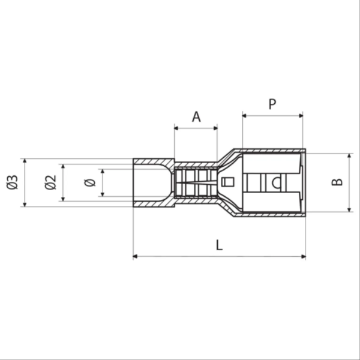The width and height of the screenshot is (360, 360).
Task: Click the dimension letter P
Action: [272, 104]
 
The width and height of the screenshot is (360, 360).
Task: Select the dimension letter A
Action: [196, 116]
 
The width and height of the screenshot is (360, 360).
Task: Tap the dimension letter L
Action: [219, 245]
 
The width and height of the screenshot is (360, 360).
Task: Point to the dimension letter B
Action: [337, 182]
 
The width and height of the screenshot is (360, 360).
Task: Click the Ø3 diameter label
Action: [12, 182]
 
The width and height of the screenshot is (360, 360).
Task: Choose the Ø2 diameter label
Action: [50, 182]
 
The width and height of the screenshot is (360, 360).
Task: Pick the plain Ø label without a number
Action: [90, 183]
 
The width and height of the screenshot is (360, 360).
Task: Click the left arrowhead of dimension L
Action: [135, 256]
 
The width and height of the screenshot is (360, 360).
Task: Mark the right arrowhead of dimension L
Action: [303, 256]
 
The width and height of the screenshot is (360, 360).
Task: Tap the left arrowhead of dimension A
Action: [176, 128]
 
